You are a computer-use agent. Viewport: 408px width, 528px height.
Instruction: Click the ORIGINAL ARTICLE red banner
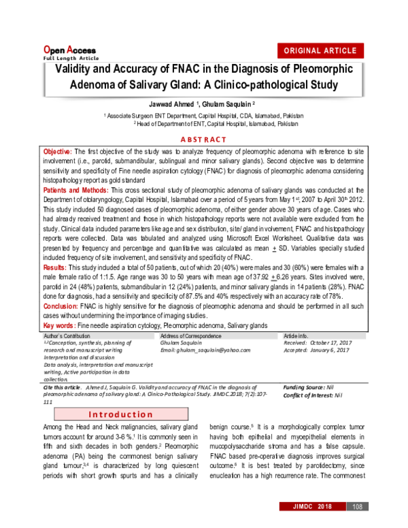(319, 51)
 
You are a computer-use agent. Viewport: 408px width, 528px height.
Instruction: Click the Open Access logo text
(70, 50)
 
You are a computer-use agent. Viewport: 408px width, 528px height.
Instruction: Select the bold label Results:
(56, 270)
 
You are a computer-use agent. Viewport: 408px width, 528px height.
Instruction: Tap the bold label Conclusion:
(62, 306)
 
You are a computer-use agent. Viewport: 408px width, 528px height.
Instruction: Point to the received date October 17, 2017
(328, 343)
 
